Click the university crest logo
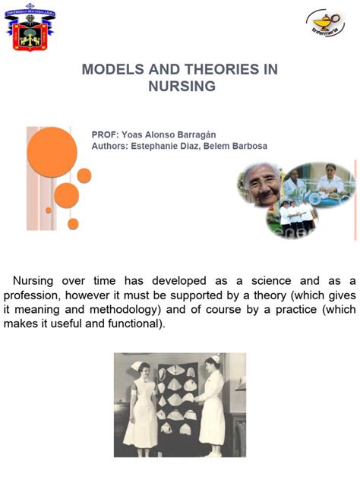coord(30,29)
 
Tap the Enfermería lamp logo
coord(325,23)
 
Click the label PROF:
coord(104,133)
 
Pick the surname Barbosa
coord(246,146)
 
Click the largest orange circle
coord(52,152)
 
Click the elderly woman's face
coord(263,186)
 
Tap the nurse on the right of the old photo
coord(212,403)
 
